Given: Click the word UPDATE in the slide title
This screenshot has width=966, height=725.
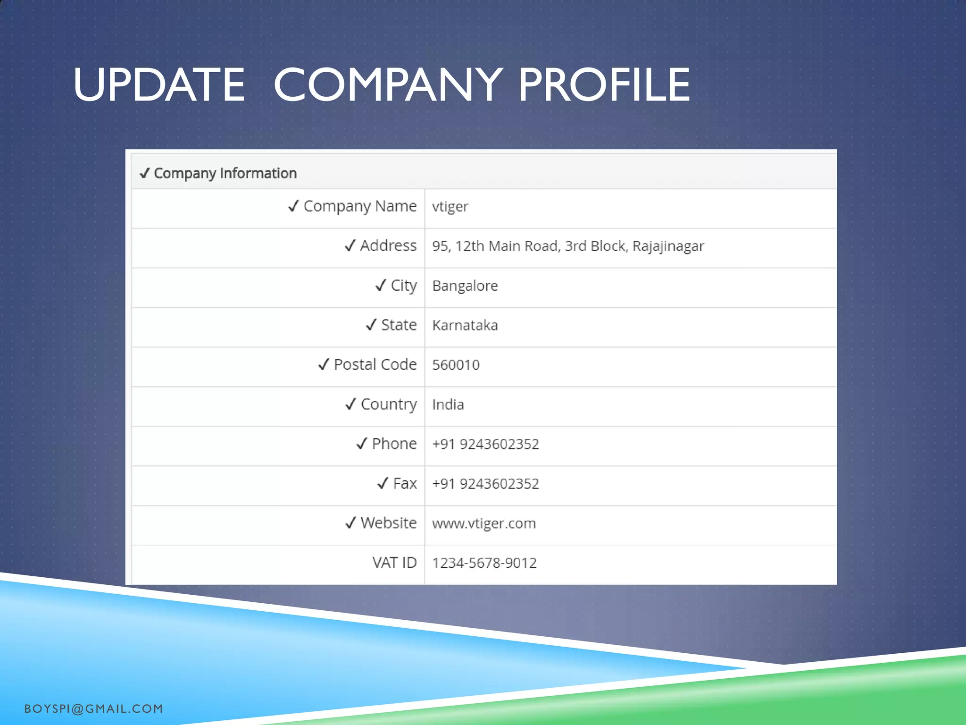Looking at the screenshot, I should pyautogui.click(x=159, y=85).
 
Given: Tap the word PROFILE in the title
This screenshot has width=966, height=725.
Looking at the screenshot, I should pyautogui.click(x=604, y=85).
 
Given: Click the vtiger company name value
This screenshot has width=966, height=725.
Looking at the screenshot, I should pyautogui.click(x=450, y=207).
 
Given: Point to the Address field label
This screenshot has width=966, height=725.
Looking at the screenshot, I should pyautogui.click(x=388, y=245).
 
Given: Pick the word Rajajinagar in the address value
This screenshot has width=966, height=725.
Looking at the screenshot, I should pyautogui.click(x=668, y=246).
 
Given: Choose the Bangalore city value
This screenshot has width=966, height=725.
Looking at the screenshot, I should pyautogui.click(x=465, y=286).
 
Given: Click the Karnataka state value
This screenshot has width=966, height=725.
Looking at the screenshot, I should pyautogui.click(x=465, y=325).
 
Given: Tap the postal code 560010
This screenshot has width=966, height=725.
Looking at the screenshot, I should pyautogui.click(x=456, y=365).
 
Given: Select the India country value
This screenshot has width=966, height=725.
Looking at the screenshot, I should pyautogui.click(x=448, y=405).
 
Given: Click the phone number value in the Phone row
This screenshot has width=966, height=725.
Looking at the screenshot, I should pyautogui.click(x=485, y=444).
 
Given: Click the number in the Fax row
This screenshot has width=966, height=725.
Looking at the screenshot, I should pyautogui.click(x=485, y=484).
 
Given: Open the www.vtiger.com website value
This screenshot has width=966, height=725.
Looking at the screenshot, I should pyautogui.click(x=484, y=523).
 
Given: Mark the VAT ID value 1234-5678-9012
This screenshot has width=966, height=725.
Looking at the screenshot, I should pyautogui.click(x=484, y=563).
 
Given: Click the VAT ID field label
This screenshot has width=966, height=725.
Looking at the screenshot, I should pyautogui.click(x=394, y=563).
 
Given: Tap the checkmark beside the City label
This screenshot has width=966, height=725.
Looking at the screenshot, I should pyautogui.click(x=381, y=285).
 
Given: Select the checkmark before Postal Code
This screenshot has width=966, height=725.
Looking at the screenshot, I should pyautogui.click(x=324, y=364).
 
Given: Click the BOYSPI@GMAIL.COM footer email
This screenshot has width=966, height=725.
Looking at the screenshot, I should pyautogui.click(x=93, y=708).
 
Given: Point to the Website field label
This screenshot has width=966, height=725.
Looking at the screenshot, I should pyautogui.click(x=389, y=523).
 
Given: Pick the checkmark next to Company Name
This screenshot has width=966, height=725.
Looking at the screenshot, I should pyautogui.click(x=293, y=206).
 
